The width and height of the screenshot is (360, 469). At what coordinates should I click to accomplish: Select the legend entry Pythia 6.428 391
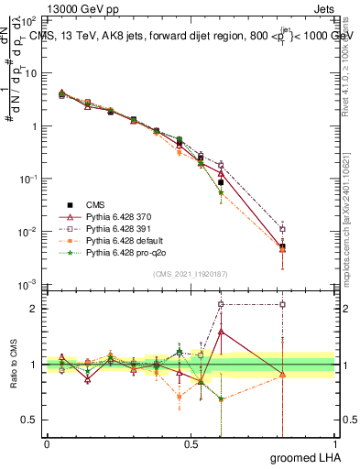pyautogui.click(x=116, y=227)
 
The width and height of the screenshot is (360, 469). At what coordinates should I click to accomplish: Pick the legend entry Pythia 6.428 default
pyautogui.click(x=121, y=239)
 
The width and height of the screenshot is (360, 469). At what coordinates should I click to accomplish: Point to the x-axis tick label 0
pyautogui.click(x=47, y=442)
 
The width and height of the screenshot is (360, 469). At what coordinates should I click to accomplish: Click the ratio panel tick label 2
pyautogui.click(x=35, y=309)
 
